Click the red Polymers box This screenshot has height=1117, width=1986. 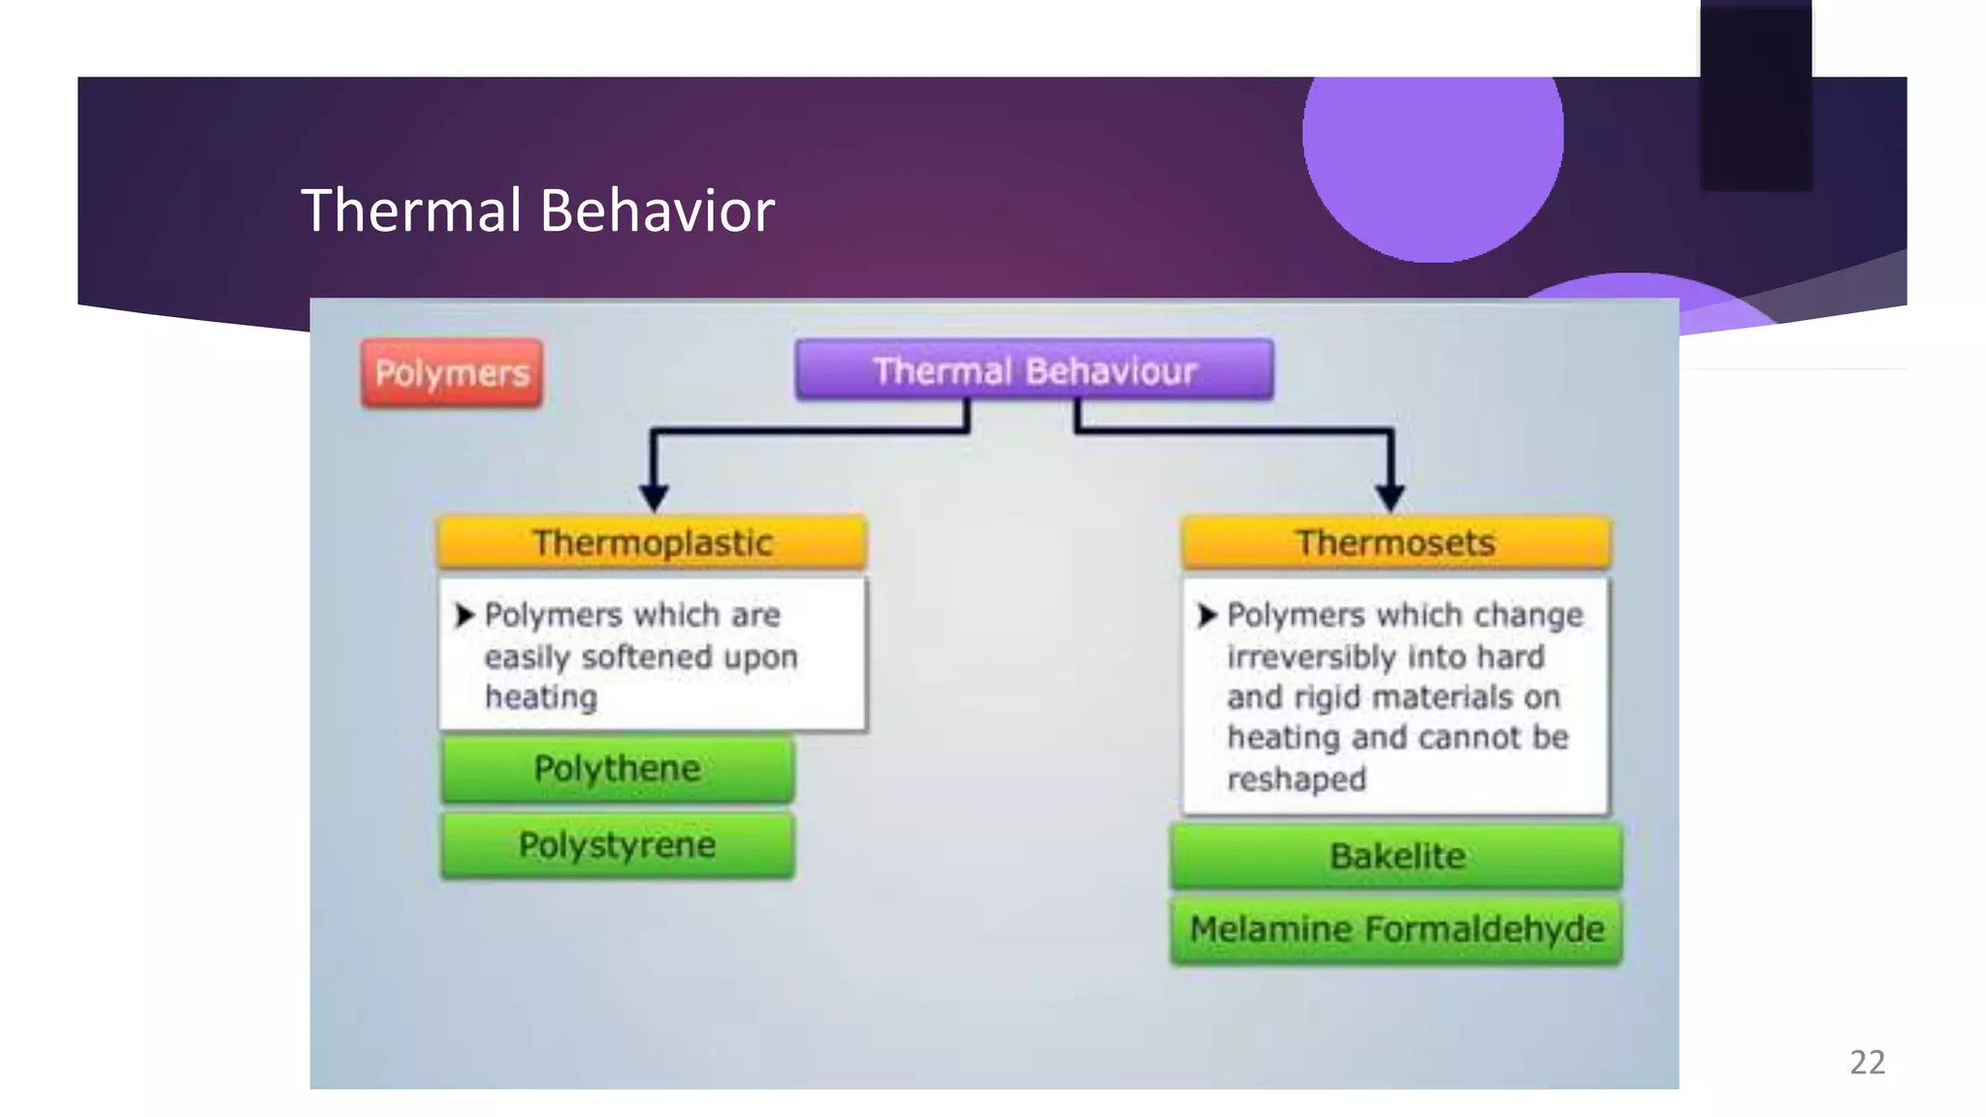click(x=452, y=373)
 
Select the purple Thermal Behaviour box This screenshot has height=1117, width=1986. click(x=1034, y=370)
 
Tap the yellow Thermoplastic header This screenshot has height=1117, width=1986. click(x=652, y=542)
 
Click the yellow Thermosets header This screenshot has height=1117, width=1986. click(x=1395, y=542)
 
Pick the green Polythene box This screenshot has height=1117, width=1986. click(x=617, y=769)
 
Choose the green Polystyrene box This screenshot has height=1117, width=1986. click(x=617, y=845)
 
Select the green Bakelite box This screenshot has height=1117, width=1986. click(x=1396, y=856)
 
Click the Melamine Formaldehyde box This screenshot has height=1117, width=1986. click(x=1396, y=930)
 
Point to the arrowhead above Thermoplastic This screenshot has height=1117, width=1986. click(x=655, y=497)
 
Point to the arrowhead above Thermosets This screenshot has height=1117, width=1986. click(x=1391, y=497)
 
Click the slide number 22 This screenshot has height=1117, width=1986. click(x=1867, y=1063)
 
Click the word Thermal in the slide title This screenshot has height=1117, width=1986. click(x=411, y=210)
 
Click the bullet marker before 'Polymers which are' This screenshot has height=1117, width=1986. click(x=464, y=615)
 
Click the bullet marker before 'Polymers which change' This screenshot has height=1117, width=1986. click(x=1206, y=615)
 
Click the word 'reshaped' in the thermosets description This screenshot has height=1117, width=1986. click(x=1297, y=779)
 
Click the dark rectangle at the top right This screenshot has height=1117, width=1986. click(x=1755, y=97)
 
